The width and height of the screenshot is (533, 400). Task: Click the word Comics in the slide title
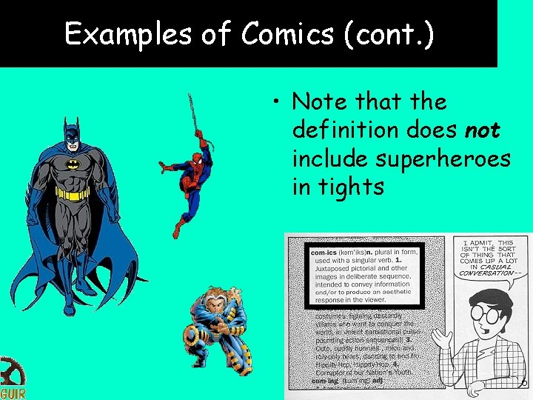coord(281,34)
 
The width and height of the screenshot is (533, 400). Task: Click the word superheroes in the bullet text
coord(442,159)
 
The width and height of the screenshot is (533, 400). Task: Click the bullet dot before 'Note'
coord(275,103)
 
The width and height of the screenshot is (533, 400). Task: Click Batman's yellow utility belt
coord(73,194)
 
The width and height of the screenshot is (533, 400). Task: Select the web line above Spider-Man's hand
coord(194,111)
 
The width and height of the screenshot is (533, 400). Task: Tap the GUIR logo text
coord(13,393)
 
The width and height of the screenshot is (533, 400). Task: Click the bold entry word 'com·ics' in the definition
coord(324,253)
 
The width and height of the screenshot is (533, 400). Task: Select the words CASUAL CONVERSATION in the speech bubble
coord(486,267)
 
